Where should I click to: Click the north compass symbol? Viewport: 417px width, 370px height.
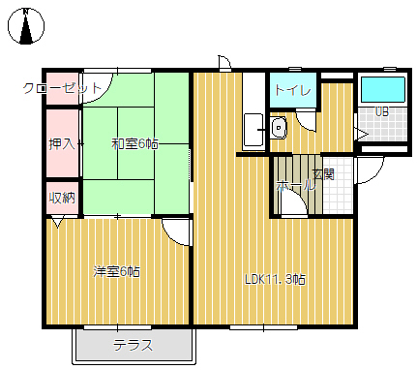[x=26, y=26]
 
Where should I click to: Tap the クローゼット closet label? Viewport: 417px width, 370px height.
[x=62, y=88]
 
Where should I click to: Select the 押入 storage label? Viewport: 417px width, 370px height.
[x=62, y=144]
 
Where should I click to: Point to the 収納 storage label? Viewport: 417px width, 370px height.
[x=62, y=198]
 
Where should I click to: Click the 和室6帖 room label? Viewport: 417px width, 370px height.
[x=134, y=144]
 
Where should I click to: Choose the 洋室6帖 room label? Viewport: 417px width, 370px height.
[x=116, y=271]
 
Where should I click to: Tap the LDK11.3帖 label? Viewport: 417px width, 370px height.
[x=275, y=279]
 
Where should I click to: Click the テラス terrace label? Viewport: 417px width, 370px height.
[x=133, y=346]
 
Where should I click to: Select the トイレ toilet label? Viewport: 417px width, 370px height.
[x=293, y=90]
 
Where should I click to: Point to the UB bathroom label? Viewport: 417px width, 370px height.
[x=382, y=111]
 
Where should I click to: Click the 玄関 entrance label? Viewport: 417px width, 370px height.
[x=324, y=174]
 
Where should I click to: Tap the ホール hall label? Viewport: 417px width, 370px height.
[x=295, y=186]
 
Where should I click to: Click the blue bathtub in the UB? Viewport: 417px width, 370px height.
[x=382, y=89]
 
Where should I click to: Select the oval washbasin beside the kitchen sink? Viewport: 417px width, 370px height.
[x=279, y=128]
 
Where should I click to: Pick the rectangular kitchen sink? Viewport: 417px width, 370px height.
[x=253, y=130]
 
